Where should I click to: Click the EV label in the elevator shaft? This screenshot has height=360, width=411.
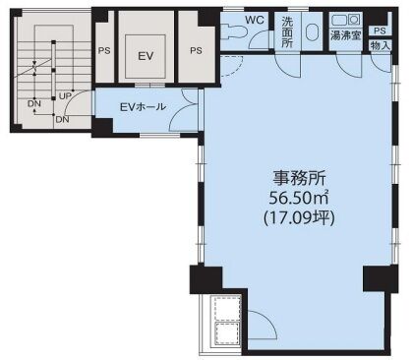[x=146, y=56]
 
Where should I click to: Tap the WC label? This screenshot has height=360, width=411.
[x=255, y=20]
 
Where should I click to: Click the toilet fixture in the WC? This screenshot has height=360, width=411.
[x=233, y=31]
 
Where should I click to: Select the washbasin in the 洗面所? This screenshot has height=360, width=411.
[x=312, y=32]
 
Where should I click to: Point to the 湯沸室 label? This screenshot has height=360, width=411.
[x=346, y=35]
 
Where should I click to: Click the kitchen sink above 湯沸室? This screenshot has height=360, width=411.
[x=346, y=20]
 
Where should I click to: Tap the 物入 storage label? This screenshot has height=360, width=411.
[x=381, y=45]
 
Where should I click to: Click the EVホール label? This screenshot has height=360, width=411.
[x=143, y=106]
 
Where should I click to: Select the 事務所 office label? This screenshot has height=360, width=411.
[x=299, y=179]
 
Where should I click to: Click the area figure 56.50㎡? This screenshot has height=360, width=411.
[x=299, y=198]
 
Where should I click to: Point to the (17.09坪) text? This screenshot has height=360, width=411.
[x=299, y=217]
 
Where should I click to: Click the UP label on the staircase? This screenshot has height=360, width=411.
[x=65, y=96]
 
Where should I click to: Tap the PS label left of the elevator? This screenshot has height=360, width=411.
[x=104, y=51]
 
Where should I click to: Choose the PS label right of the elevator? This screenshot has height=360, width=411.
[x=196, y=51]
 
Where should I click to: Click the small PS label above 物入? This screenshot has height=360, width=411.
[x=380, y=31]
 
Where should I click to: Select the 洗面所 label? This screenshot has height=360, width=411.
[x=287, y=32]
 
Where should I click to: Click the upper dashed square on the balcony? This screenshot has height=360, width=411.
[x=227, y=308]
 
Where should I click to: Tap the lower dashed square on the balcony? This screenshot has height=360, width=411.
[x=227, y=333]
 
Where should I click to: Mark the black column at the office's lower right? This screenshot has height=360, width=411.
[x=381, y=278]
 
